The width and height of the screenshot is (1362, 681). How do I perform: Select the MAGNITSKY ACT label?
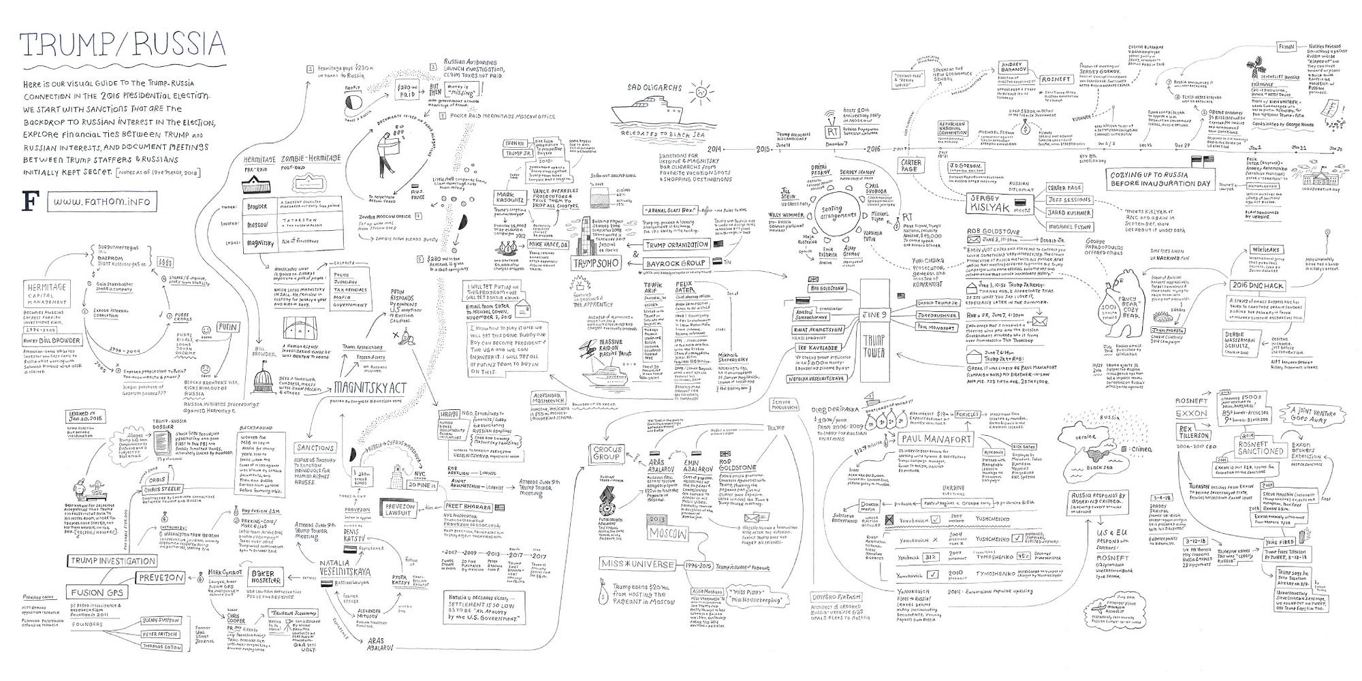370,387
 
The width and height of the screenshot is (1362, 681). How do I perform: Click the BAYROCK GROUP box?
675,262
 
